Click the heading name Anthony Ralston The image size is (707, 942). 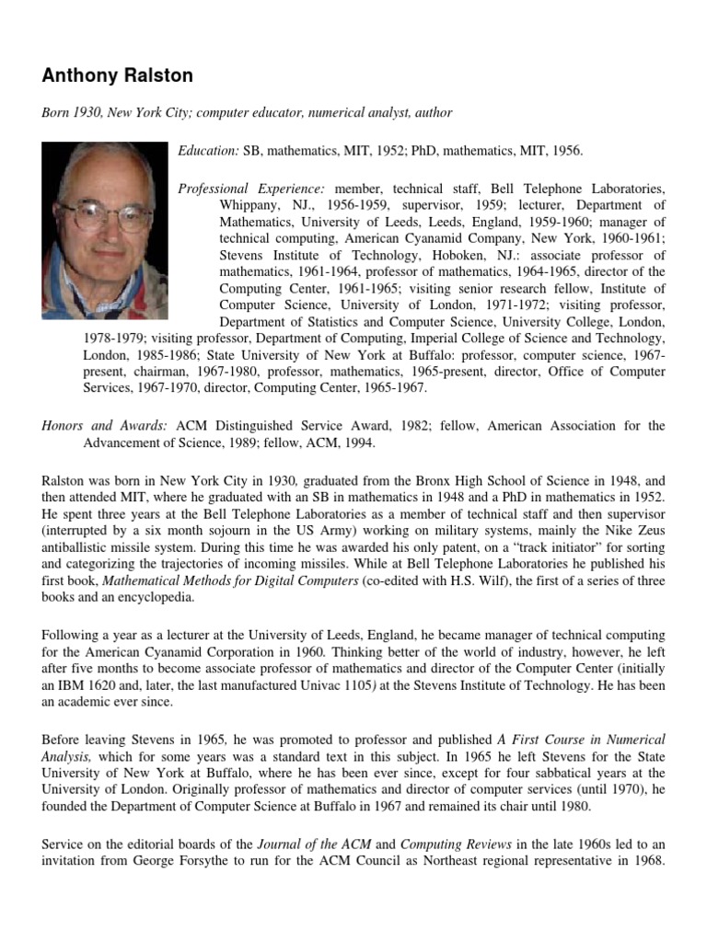pyautogui.click(x=117, y=75)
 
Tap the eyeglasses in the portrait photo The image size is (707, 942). pyautogui.click(x=106, y=216)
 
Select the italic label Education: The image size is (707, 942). pyautogui.click(x=209, y=150)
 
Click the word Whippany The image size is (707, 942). pyautogui.click(x=251, y=204)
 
